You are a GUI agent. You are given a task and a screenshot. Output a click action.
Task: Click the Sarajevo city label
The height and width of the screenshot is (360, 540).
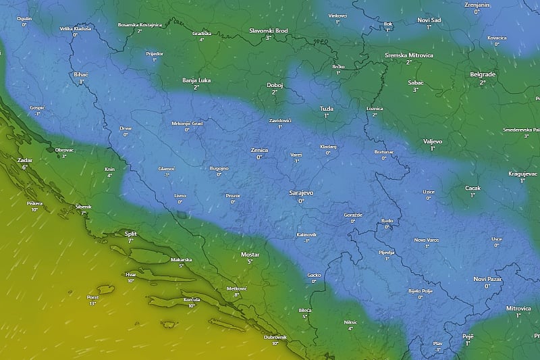pyautogui.click(x=301, y=192)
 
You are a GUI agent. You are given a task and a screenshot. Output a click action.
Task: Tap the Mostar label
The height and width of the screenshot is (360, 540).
pyautogui.click(x=250, y=254)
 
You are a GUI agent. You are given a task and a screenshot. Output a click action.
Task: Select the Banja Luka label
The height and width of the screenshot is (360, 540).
pyautogui.click(x=196, y=80)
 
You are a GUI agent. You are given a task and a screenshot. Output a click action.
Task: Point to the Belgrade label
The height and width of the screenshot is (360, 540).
pyautogui.click(x=483, y=74)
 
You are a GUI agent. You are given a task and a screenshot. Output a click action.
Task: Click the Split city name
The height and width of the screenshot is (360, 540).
pyautogui.click(x=130, y=233)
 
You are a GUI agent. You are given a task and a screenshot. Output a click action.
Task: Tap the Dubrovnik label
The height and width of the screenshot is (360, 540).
pyautogui.click(x=275, y=336)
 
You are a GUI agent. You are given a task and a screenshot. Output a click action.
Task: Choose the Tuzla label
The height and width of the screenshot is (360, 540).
pyautogui.click(x=327, y=108)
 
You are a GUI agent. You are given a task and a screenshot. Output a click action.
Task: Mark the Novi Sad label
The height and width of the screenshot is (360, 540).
pyautogui.click(x=429, y=20)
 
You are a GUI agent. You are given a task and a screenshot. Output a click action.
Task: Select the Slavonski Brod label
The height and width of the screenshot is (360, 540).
pyautogui.click(x=268, y=30)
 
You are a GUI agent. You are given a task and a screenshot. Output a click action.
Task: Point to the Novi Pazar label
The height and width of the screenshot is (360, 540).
pyautogui.click(x=487, y=279)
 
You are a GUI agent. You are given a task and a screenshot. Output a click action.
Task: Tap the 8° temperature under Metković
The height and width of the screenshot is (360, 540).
pyautogui.click(x=237, y=295)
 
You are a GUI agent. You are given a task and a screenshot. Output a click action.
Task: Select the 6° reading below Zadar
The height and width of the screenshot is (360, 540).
pyautogui.click(x=24, y=167)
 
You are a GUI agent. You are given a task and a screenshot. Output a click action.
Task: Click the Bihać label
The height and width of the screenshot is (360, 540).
pyautogui.click(x=80, y=74)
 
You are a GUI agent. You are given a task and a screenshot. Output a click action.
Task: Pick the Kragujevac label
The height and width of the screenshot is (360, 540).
pyautogui.click(x=522, y=174)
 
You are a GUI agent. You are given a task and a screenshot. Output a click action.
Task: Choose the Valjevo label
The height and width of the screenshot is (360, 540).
pyautogui.click(x=432, y=140)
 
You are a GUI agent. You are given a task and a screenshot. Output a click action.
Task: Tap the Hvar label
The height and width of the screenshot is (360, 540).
pyautogui.click(x=131, y=274)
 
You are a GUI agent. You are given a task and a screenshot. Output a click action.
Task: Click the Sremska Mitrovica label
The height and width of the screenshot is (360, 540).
pyautogui.click(x=409, y=55)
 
